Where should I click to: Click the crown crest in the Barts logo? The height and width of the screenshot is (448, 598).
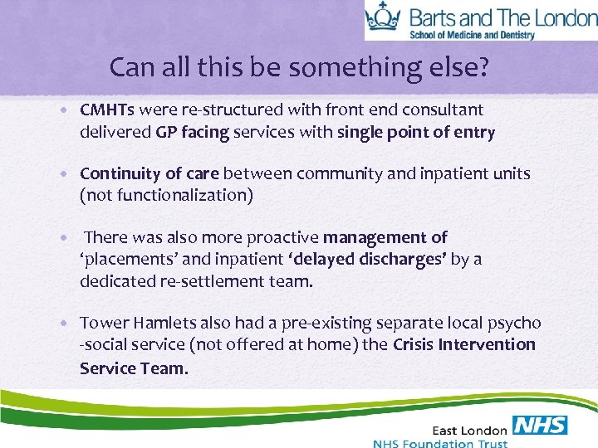(x=383, y=17)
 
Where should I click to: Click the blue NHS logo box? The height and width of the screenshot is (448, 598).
(x=541, y=426)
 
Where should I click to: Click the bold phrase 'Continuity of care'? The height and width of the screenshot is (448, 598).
(x=149, y=173)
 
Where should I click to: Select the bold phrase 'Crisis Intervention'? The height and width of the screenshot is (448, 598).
(x=464, y=344)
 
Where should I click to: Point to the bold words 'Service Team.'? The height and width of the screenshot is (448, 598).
(x=134, y=367)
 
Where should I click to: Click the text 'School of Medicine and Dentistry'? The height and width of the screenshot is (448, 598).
(x=483, y=34)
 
